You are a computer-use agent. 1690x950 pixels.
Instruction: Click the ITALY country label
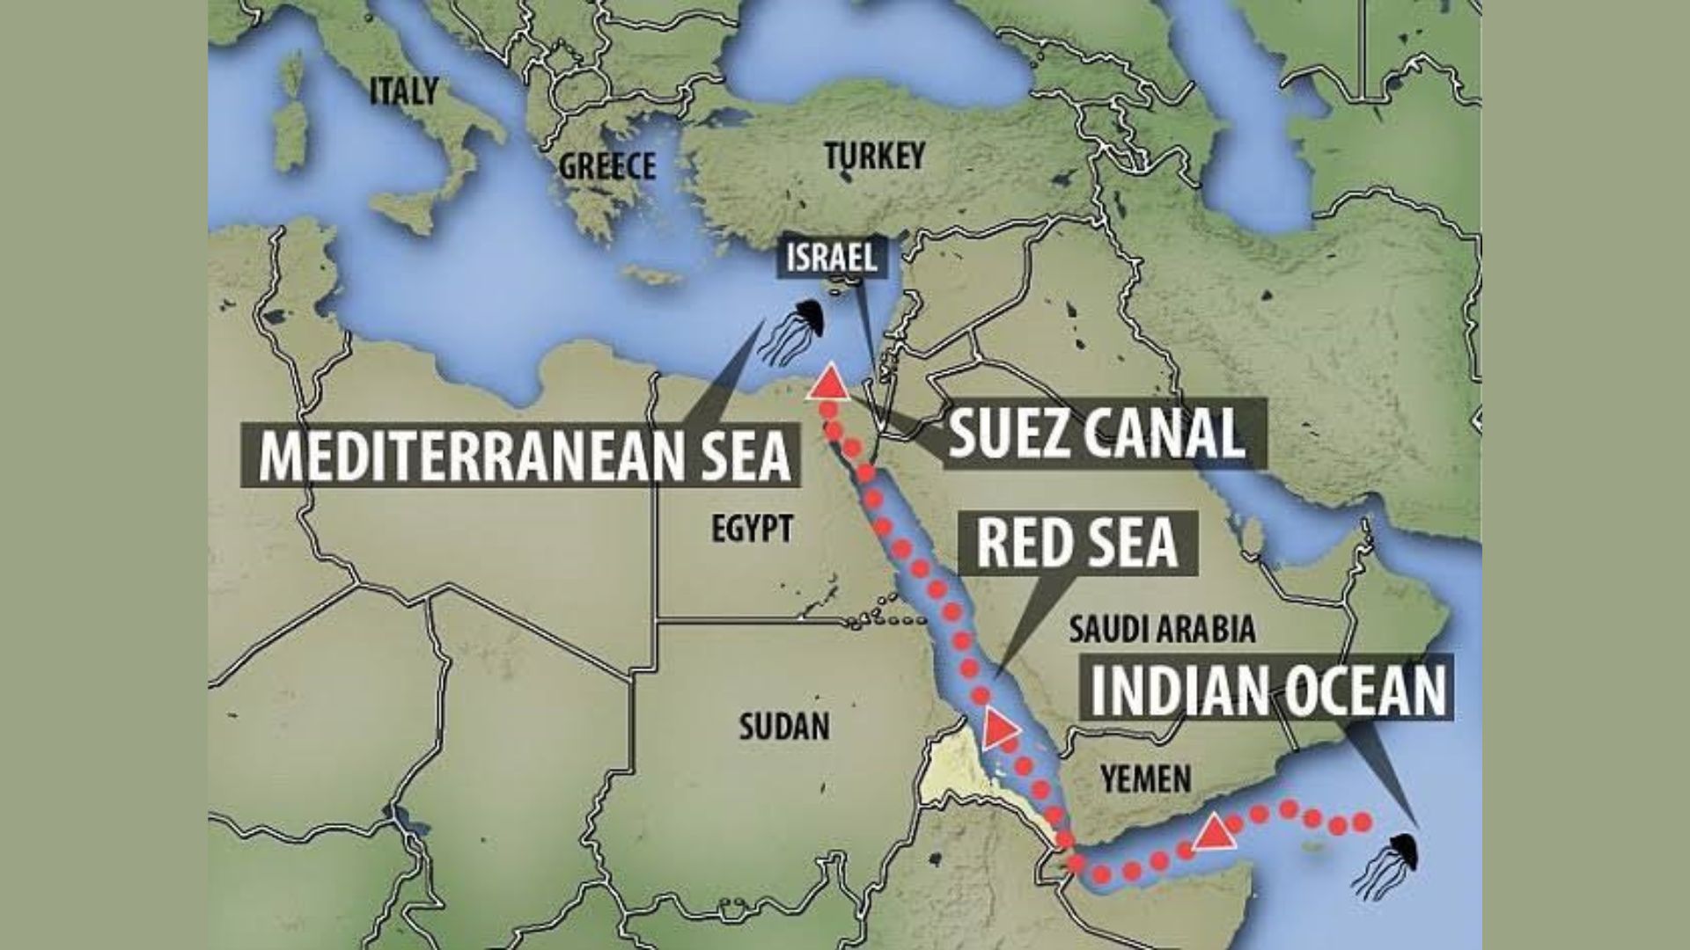click(403, 90)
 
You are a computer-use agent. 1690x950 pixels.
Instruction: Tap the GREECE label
click(607, 165)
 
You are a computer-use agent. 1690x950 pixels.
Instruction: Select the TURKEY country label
click(875, 156)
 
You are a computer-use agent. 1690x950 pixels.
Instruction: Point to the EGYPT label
click(752, 529)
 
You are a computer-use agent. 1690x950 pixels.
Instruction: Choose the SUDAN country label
click(783, 727)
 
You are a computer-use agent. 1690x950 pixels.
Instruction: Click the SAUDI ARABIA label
click(1161, 629)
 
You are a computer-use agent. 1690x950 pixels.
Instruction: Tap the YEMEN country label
click(1146, 778)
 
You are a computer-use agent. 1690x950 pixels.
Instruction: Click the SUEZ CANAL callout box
click(1095, 432)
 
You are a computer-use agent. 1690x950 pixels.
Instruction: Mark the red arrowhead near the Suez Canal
click(828, 384)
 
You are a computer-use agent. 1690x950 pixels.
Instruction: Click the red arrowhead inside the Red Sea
click(999, 727)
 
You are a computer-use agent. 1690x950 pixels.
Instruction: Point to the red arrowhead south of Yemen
click(1215, 833)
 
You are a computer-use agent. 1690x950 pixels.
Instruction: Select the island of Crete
click(652, 275)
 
